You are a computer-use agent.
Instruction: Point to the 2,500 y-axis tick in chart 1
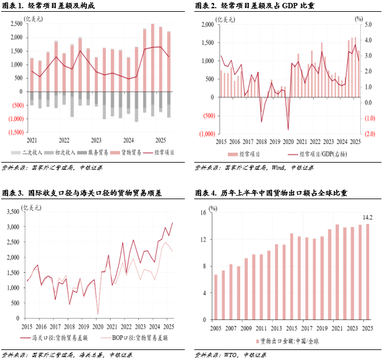point(15,24)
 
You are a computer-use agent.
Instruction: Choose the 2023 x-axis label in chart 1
point(96,140)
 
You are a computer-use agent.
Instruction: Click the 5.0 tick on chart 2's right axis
point(368,25)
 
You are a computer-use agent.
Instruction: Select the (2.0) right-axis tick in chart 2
point(368,134)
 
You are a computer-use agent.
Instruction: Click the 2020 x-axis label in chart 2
point(288,142)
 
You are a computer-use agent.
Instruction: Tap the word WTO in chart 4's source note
point(231,355)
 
